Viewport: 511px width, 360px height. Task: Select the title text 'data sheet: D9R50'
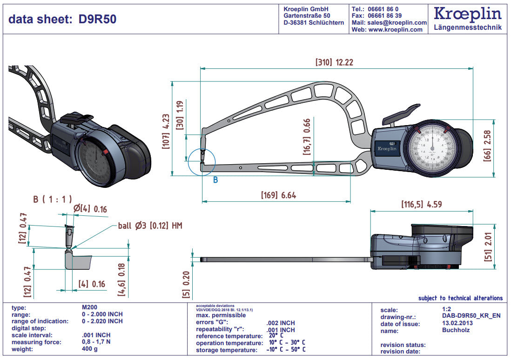pyautogui.click(x=62, y=19)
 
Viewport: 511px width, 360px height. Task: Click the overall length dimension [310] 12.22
pyautogui.click(x=334, y=62)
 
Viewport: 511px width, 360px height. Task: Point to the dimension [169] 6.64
pyautogui.click(x=278, y=195)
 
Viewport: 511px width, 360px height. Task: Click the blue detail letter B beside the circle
pyautogui.click(x=215, y=180)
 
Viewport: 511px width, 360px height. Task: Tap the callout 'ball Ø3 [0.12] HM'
pyautogui.click(x=149, y=226)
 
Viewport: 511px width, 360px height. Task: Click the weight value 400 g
pyautogui.click(x=89, y=349)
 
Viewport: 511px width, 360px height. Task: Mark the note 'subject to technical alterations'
pyautogui.click(x=460, y=298)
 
